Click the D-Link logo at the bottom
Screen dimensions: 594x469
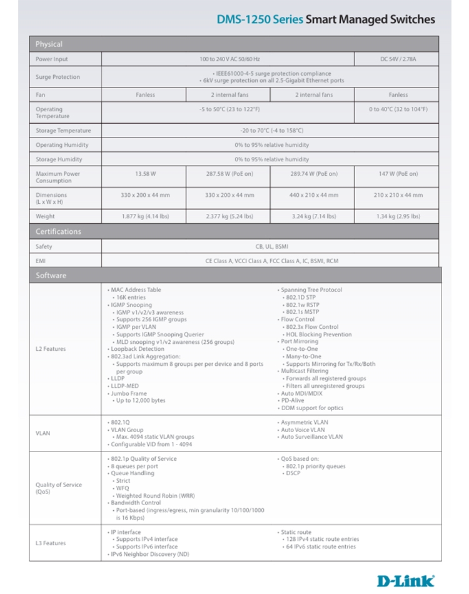click(405, 581)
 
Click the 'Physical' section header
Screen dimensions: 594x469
click(49, 44)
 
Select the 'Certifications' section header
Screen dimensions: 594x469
click(58, 231)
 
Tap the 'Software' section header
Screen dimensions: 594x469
click(51, 275)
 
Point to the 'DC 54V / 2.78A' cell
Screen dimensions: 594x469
click(398, 59)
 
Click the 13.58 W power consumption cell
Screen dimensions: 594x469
click(145, 174)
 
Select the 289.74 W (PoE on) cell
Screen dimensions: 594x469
click(313, 174)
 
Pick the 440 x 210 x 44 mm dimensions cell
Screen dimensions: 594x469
click(313, 195)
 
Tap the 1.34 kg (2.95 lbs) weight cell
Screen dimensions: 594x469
click(398, 216)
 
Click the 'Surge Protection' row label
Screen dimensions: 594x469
click(58, 77)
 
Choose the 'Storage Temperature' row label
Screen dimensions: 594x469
click(63, 131)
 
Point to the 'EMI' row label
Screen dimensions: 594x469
click(41, 261)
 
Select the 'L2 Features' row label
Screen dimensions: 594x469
click(51, 349)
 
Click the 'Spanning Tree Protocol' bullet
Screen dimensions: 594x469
click(311, 290)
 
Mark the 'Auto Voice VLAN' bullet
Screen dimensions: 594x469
click(303, 430)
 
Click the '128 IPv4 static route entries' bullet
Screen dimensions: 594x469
click(322, 539)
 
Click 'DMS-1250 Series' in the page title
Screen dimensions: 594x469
click(260, 19)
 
